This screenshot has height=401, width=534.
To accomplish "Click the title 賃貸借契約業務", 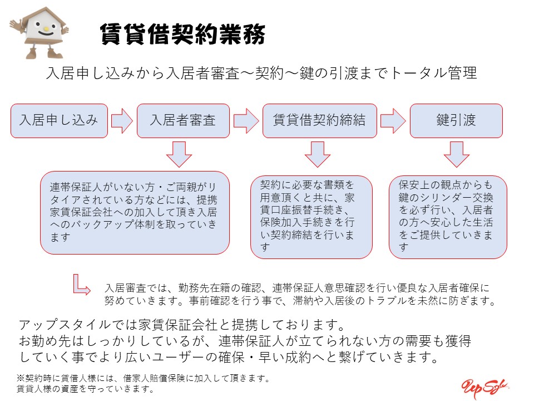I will [182, 34].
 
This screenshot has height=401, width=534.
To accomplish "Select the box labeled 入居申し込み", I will [58, 120].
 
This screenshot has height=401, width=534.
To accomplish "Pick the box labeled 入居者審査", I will [183, 120].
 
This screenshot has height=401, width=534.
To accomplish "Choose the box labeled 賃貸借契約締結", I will [319, 120].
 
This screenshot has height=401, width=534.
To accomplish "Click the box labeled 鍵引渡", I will [456, 120].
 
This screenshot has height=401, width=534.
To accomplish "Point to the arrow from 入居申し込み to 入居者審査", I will [122, 120].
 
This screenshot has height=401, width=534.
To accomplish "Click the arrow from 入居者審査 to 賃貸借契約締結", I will [245, 120].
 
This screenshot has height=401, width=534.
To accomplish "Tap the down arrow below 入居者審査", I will [179, 154].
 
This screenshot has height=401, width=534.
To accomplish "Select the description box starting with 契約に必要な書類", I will [311, 217].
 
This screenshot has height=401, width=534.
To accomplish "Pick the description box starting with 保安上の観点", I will [448, 217].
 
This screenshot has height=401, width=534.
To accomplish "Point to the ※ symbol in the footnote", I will [21, 378].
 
